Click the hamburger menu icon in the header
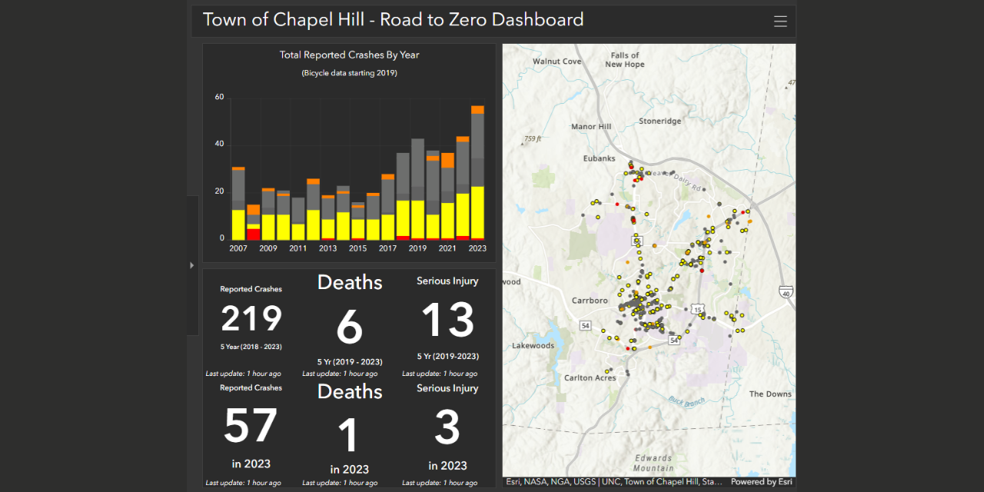coord(780,22)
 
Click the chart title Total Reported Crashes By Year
coord(349,55)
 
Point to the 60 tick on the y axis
coord(220,98)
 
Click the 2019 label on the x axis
coord(417,248)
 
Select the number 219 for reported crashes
coord(251,318)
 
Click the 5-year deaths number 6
coord(349,327)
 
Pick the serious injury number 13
coord(447,319)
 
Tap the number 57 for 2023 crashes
coord(251,425)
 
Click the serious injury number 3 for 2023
coord(447,427)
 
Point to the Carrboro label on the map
coord(590,301)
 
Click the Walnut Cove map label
coord(557,61)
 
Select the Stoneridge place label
coord(660,121)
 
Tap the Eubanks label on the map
coord(599,158)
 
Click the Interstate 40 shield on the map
coord(785,292)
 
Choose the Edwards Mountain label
coord(653,463)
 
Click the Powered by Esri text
coord(761,482)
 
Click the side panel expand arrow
coord(192,265)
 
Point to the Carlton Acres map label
coord(590,378)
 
